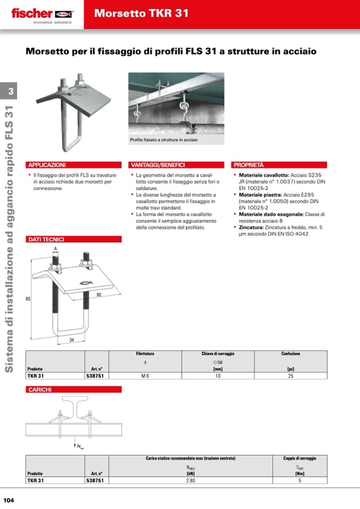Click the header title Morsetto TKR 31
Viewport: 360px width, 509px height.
tap(141, 14)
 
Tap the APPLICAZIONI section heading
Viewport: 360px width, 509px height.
tap(47, 165)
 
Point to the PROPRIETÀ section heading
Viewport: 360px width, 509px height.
tap(248, 165)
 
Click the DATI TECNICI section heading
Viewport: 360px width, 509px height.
tap(46, 239)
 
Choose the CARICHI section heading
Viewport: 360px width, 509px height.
tap(40, 390)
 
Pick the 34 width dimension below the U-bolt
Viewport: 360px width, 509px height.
tap(72, 340)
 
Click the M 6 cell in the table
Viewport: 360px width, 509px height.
tap(144, 376)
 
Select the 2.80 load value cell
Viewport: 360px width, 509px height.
tap(191, 480)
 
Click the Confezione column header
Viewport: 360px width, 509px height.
tap(290, 353)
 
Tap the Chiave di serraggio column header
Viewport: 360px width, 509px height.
tap(217, 353)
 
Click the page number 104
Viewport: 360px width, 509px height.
tap(9, 500)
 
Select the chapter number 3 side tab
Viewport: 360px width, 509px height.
tap(11, 92)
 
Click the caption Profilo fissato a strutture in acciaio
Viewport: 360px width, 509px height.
tap(164, 140)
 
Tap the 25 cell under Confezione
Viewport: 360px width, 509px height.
tap(290, 376)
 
